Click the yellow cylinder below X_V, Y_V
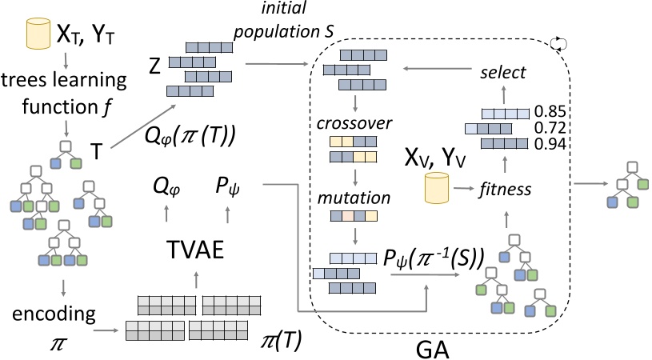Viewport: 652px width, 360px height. [435, 190]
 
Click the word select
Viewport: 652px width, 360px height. [502, 73]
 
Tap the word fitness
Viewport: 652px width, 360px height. [504, 190]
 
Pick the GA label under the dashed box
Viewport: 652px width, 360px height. [436, 347]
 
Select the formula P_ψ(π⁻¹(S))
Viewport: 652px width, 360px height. [424, 258]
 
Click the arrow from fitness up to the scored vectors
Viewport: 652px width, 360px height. [504, 166]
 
